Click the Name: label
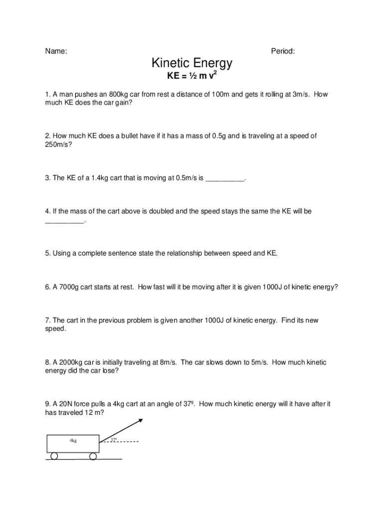[x=56, y=51]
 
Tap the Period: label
[x=283, y=51]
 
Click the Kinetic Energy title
[x=192, y=64]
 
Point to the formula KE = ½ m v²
[x=192, y=77]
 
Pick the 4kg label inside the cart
[x=73, y=440]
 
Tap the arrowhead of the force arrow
[x=141, y=421]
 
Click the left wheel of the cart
[x=54, y=456]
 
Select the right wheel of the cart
[x=93, y=456]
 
